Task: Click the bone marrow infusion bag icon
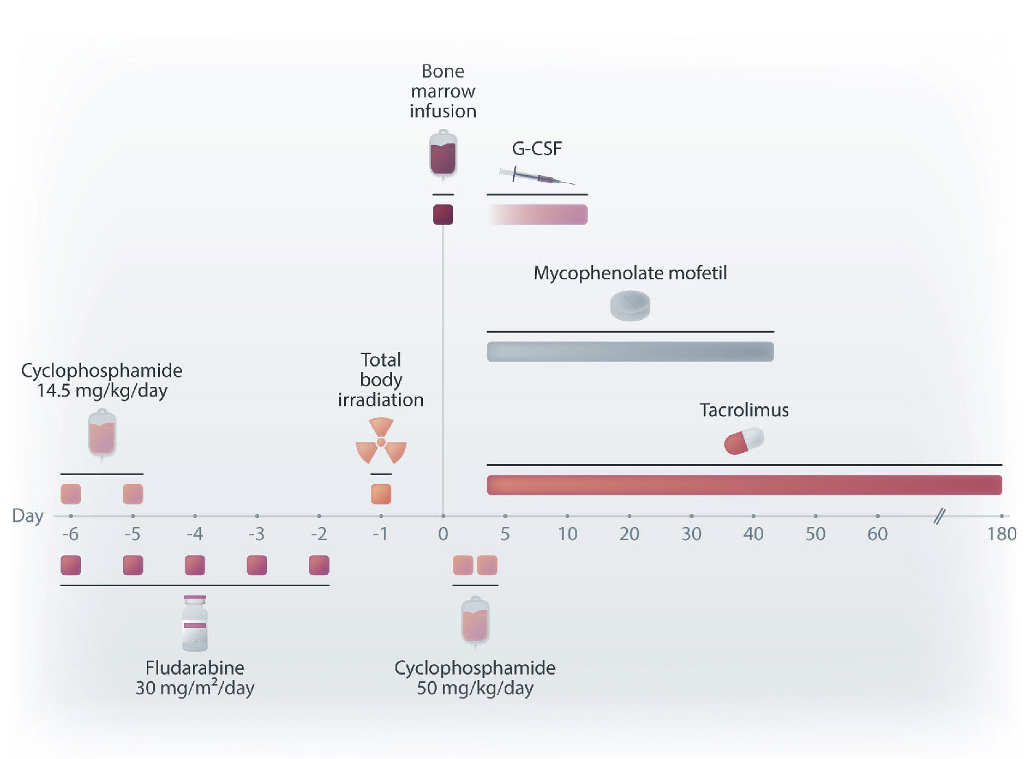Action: (x=443, y=154)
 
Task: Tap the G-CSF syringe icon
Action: (x=537, y=176)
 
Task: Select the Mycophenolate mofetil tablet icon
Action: (x=630, y=305)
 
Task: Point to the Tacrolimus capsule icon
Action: (x=744, y=441)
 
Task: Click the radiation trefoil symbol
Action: (x=381, y=441)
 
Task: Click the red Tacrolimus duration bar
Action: (x=744, y=484)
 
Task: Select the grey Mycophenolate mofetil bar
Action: (x=630, y=351)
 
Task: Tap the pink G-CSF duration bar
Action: (x=538, y=215)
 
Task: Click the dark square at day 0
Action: (x=443, y=215)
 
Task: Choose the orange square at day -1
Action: (x=381, y=493)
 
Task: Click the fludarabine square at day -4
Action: (x=195, y=565)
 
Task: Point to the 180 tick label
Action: (x=1002, y=534)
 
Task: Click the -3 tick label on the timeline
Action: (x=256, y=534)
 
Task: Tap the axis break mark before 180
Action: (x=940, y=516)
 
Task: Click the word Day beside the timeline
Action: (x=27, y=516)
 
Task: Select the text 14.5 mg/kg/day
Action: (x=102, y=390)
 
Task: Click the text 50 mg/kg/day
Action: (x=475, y=688)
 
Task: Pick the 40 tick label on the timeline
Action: (x=753, y=534)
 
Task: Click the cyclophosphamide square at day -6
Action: (x=71, y=493)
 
